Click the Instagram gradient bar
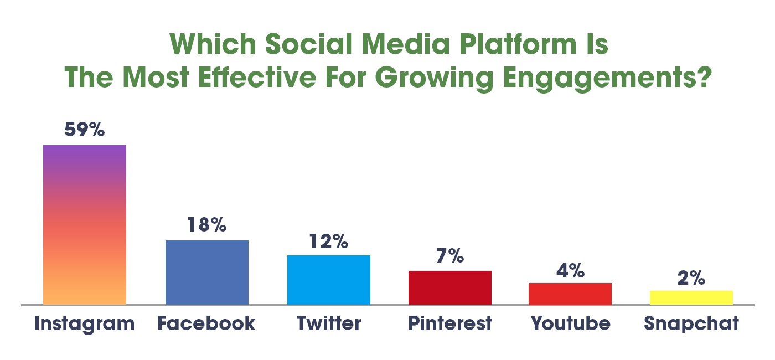click(x=85, y=224)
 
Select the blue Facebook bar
click(x=207, y=272)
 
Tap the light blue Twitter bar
click(x=328, y=280)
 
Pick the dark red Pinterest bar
click(x=449, y=287)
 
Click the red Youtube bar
click(x=570, y=294)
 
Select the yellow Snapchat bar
click(x=691, y=297)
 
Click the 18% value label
click(x=206, y=225)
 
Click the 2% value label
click(x=691, y=278)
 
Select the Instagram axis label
click(x=84, y=323)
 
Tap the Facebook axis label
click(x=206, y=323)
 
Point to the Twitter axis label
click(x=328, y=323)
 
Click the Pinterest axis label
click(x=449, y=323)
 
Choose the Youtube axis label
click(x=570, y=323)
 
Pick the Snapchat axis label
click(x=691, y=323)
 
